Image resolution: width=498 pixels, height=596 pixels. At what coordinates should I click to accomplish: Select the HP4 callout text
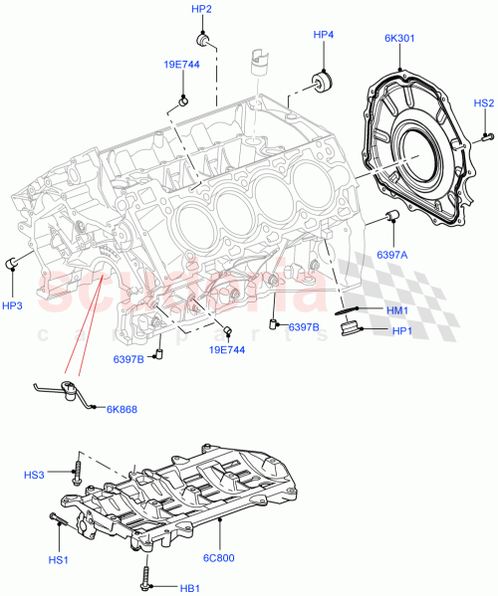pyautogui.click(x=324, y=35)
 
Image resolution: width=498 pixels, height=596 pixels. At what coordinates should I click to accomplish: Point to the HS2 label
pyautogui.click(x=483, y=102)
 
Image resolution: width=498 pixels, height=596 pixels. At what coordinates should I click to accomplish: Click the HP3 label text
pyautogui.click(x=12, y=305)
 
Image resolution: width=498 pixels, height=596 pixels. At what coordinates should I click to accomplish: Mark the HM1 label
pyautogui.click(x=397, y=309)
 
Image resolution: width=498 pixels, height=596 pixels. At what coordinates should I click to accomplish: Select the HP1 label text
pyautogui.click(x=401, y=330)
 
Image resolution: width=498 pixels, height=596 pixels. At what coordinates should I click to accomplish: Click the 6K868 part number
pyautogui.click(x=124, y=408)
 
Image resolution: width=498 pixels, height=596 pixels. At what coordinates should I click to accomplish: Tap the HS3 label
pyautogui.click(x=35, y=476)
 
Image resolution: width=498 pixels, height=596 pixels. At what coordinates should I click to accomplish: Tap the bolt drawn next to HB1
pyautogui.click(x=147, y=576)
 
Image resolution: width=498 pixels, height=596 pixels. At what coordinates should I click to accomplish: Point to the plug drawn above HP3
pyautogui.click(x=13, y=263)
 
